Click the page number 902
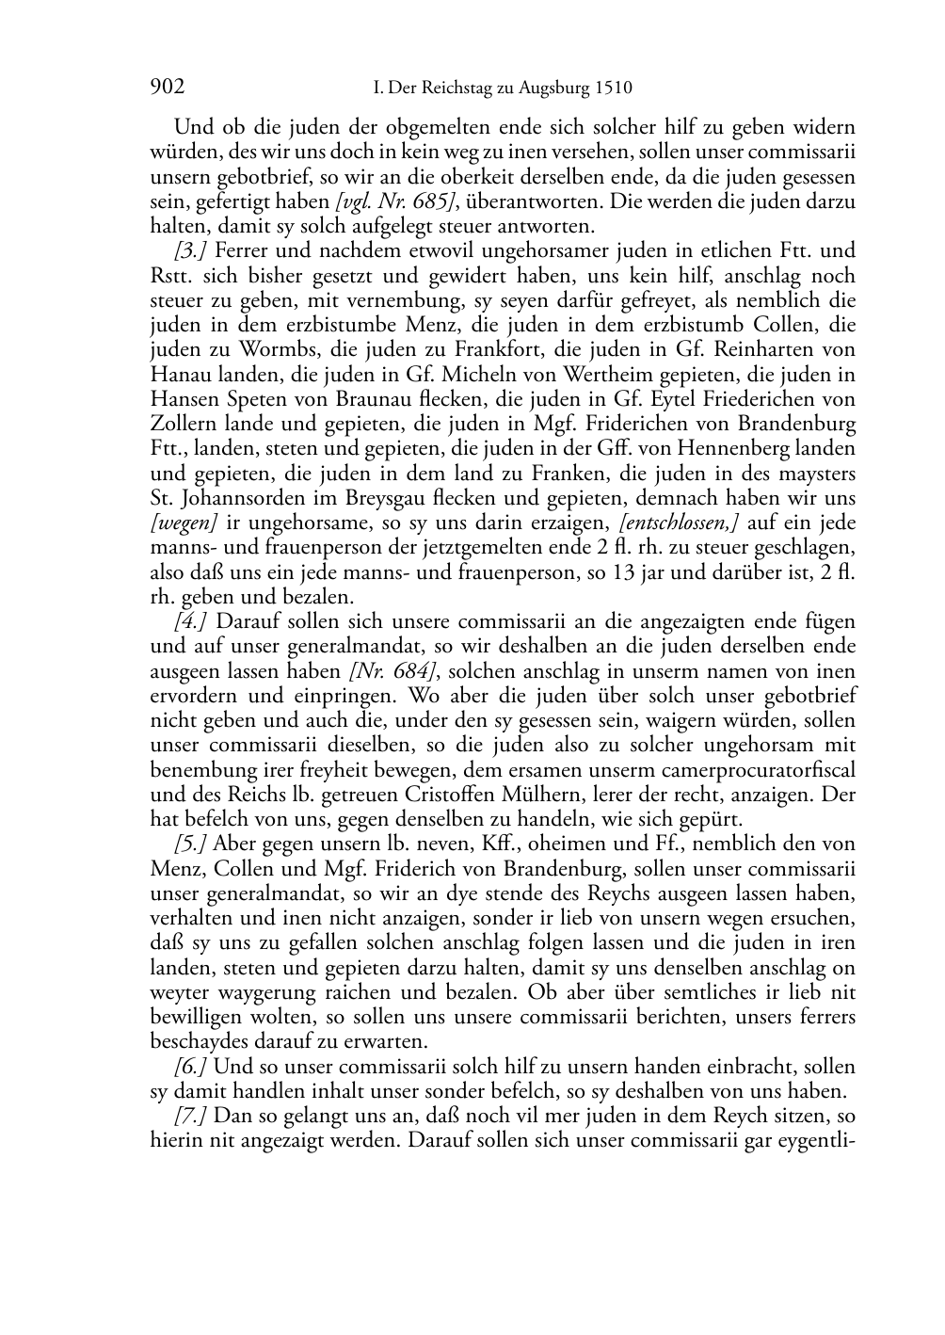click(167, 88)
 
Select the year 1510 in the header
click(613, 88)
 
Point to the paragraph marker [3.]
click(191, 251)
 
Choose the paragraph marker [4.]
click(191, 621)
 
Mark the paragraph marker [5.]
click(191, 844)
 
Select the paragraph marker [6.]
click(191, 1067)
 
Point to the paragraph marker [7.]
click(191, 1117)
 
